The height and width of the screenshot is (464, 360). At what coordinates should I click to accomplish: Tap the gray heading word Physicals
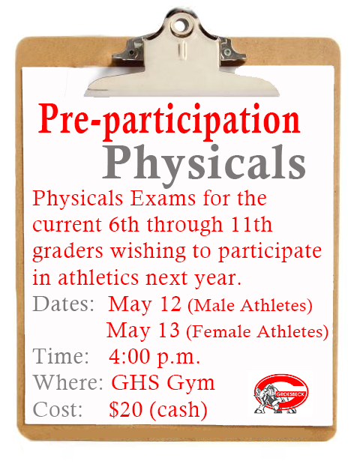[203, 160]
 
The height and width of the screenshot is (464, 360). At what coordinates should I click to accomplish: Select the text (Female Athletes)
[256, 331]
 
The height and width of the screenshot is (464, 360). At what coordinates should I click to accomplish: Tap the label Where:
[68, 383]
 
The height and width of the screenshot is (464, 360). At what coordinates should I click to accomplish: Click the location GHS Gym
[163, 383]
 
